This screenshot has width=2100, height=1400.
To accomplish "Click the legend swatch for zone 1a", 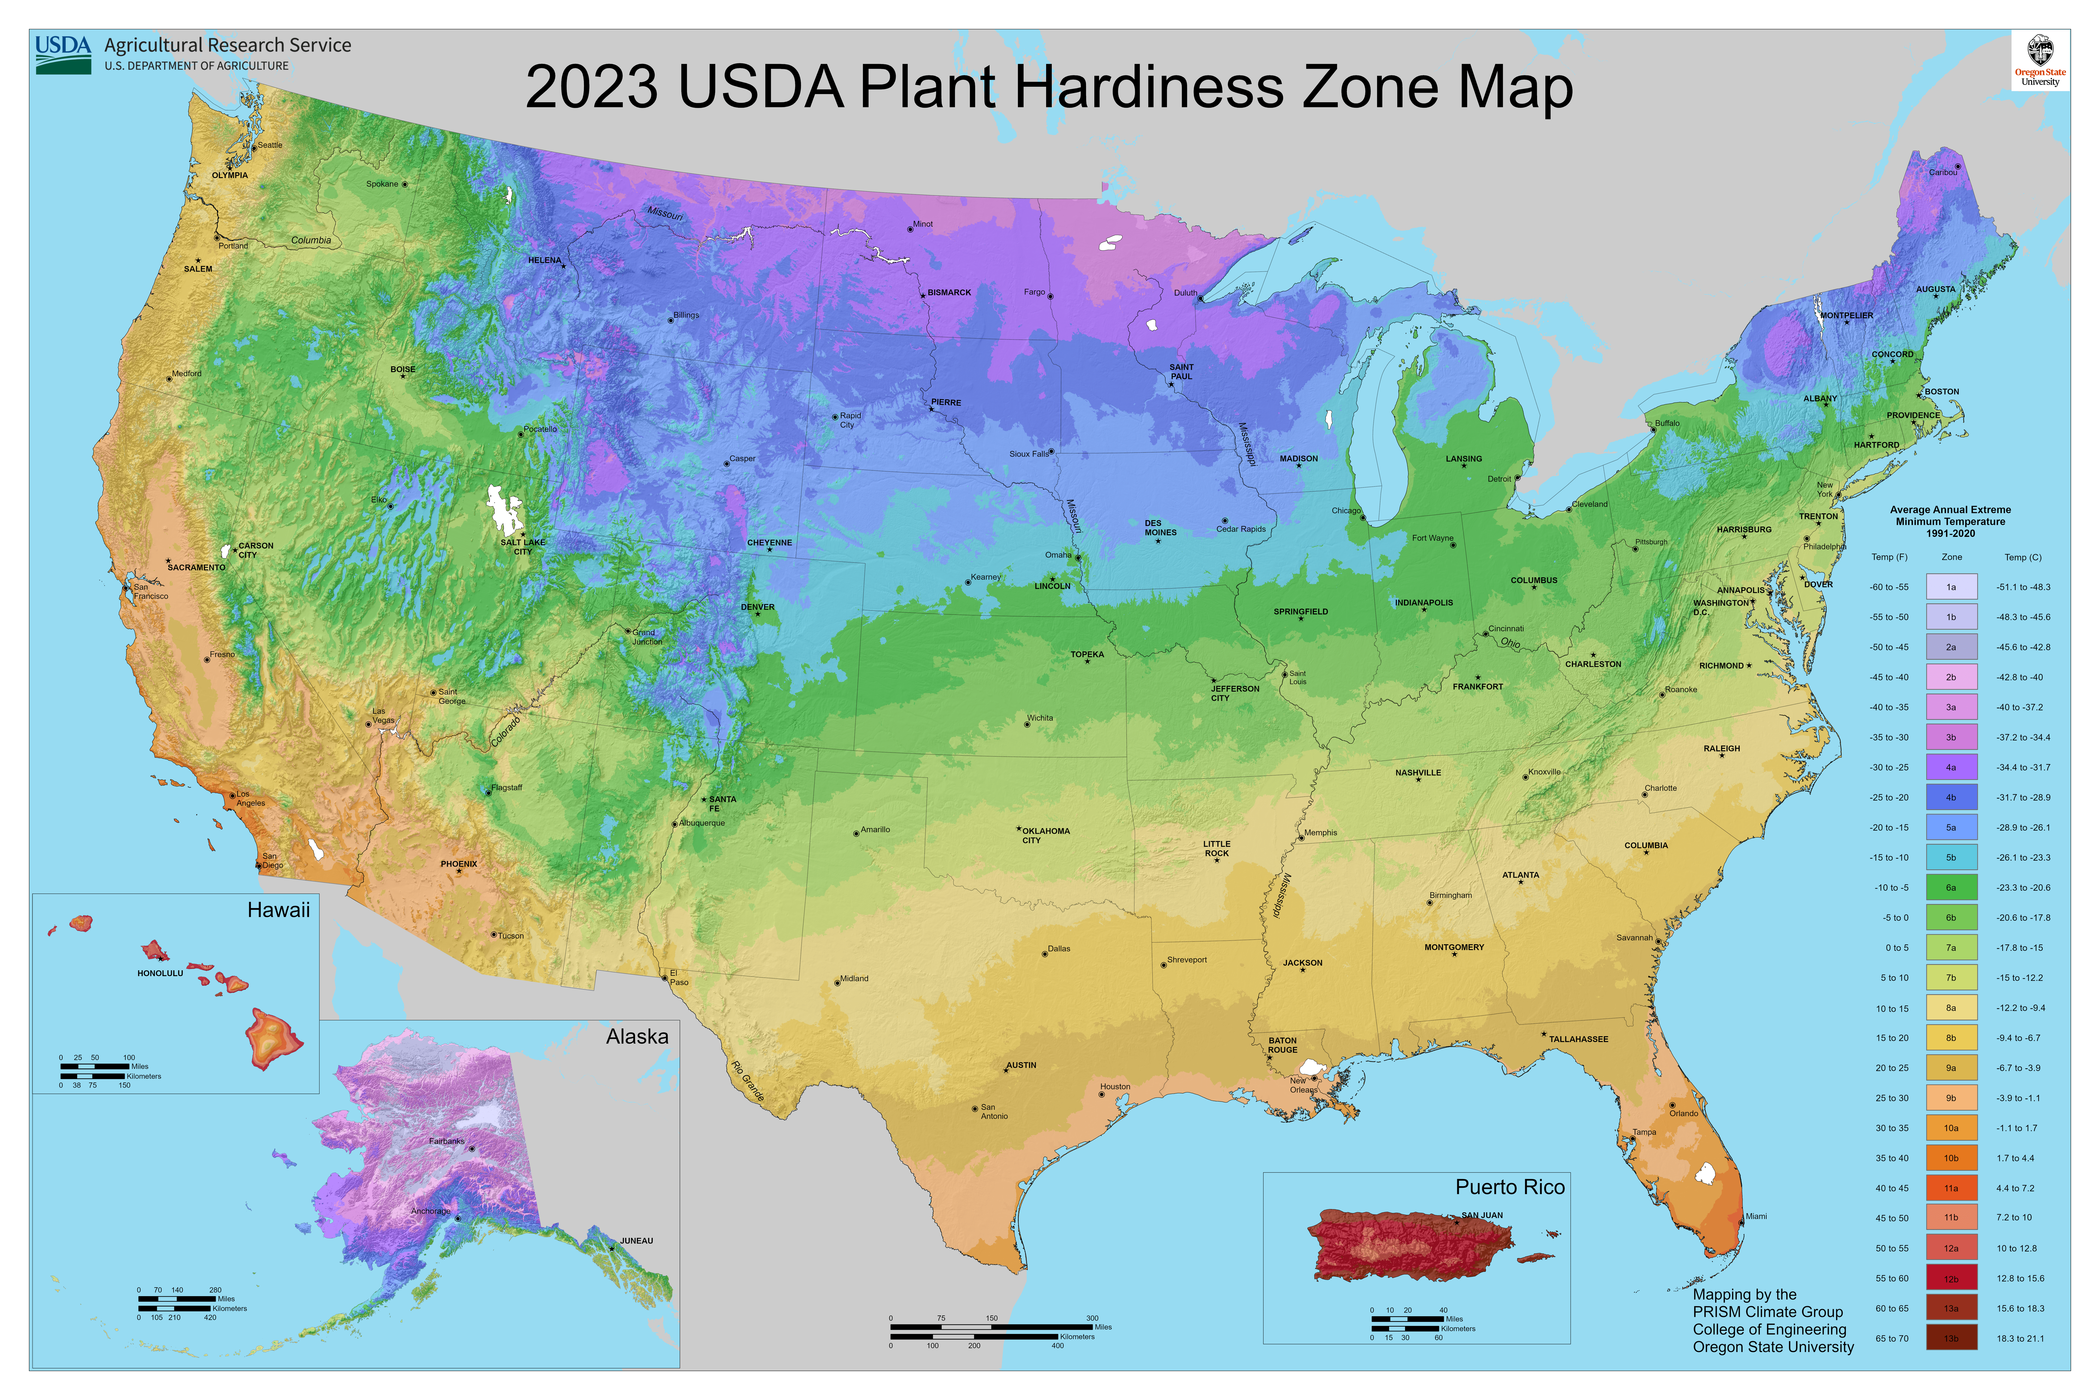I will [1951, 587].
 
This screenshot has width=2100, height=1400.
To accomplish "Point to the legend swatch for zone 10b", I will [1951, 1158].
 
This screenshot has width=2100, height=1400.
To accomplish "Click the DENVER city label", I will [757, 607].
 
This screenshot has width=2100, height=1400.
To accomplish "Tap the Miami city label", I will [1756, 1216].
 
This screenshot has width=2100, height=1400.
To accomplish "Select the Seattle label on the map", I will [270, 145].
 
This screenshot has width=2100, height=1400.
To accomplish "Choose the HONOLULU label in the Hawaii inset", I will [160, 973].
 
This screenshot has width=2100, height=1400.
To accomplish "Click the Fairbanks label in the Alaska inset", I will [446, 1141].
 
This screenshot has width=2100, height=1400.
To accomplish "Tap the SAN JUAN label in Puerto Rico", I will [1482, 1215].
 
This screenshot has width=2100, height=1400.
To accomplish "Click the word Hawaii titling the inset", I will [279, 910].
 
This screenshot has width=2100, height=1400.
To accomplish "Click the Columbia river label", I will [311, 240].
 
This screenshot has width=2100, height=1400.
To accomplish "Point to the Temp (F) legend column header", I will [1889, 557].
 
